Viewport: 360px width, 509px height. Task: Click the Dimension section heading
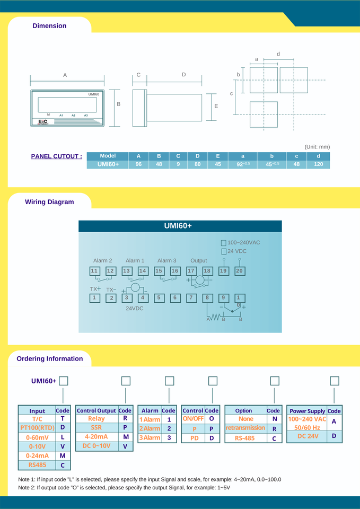(49, 26)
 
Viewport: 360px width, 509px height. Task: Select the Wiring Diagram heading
(49, 202)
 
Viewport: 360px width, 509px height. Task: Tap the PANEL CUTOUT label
(56, 156)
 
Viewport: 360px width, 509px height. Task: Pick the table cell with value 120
(318, 164)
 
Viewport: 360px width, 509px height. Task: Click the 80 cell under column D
(197, 164)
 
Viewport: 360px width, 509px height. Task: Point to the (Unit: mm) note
(317, 147)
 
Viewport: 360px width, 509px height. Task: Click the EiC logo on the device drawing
(43, 121)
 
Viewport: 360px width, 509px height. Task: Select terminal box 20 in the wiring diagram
(239, 271)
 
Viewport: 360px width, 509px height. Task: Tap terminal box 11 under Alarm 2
(94, 271)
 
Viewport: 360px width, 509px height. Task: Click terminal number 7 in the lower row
(191, 298)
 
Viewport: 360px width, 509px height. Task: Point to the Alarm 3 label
(166, 260)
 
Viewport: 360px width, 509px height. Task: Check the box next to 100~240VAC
(224, 243)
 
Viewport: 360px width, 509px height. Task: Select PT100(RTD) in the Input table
(37, 427)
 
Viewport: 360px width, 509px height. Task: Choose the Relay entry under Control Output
(96, 418)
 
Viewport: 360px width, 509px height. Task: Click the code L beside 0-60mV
(63, 437)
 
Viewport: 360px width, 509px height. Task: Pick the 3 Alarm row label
(150, 437)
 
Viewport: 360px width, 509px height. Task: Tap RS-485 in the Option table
(245, 438)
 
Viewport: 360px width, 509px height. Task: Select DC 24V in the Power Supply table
(307, 436)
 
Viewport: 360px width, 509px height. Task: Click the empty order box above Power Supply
(334, 381)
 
